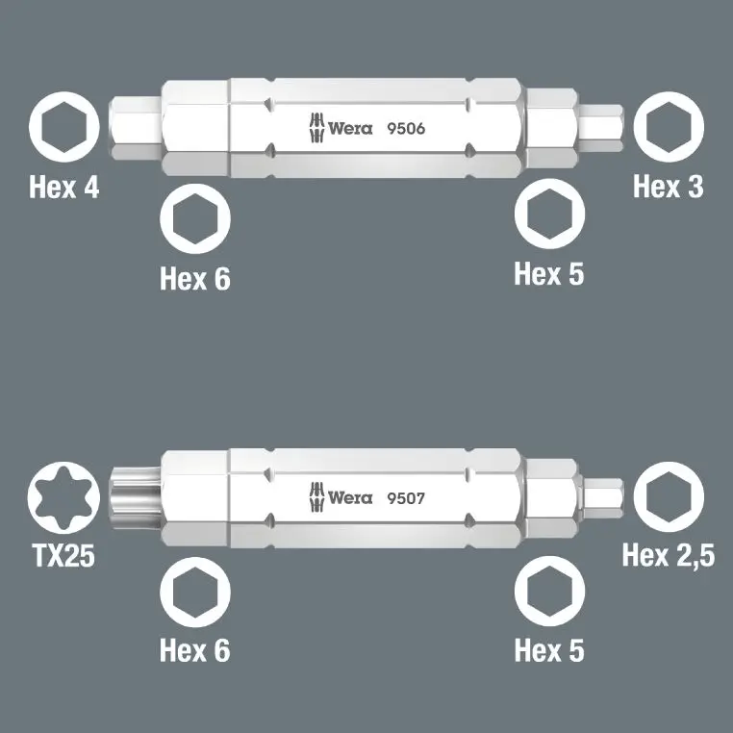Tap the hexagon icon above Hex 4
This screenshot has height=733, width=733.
point(63,129)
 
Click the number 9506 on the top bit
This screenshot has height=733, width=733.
point(405,129)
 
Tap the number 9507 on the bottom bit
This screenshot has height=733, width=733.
point(405,498)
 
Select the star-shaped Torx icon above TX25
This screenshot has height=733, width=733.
point(63,498)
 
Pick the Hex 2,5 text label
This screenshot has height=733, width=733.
point(669,555)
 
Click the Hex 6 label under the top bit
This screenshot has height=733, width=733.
point(195,279)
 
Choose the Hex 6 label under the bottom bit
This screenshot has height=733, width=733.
point(195,650)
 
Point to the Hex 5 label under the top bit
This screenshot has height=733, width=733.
point(549,273)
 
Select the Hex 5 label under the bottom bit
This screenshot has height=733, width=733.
point(549,650)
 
